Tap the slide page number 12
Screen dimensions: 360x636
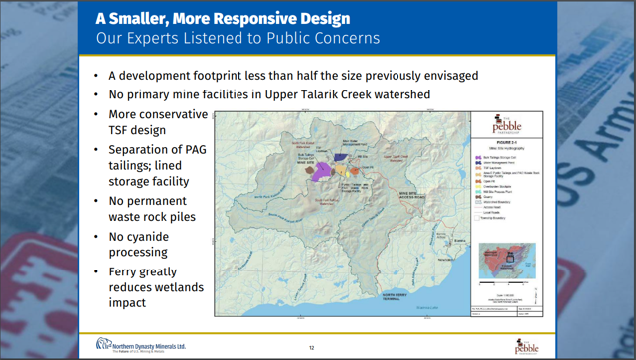click(x=311, y=348)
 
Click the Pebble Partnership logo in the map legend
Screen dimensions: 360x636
click(x=506, y=125)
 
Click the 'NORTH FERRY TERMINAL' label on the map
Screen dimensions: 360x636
click(x=347, y=295)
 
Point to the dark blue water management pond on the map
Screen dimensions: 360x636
click(x=341, y=157)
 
